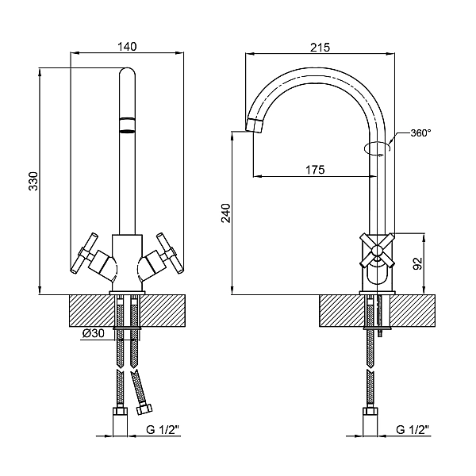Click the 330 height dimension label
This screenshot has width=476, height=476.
pos(33,183)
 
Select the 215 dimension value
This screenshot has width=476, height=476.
pos(320,47)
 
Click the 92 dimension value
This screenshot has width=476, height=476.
pos(418,263)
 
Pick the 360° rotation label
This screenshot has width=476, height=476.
pos(420,133)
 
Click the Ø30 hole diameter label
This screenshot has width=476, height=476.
pos(93,335)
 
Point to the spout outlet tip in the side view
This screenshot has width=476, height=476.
pos(256,125)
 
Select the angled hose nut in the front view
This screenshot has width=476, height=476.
pos(145,409)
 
